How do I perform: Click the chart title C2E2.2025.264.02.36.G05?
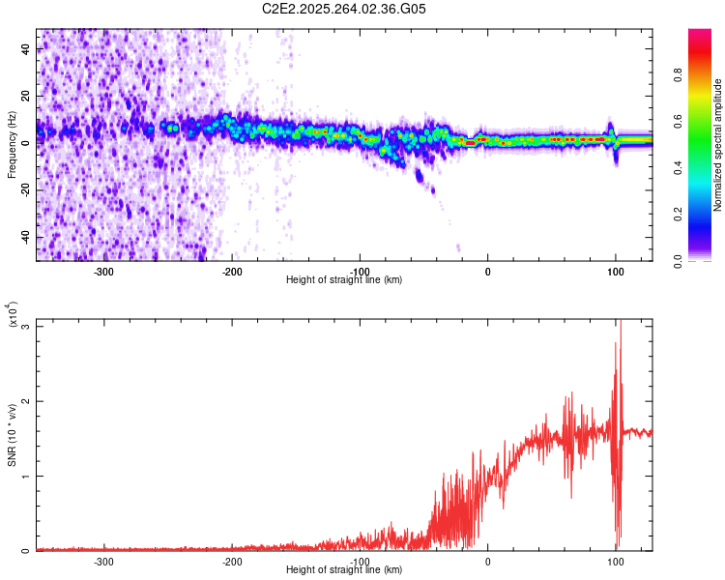pyautogui.click(x=345, y=9)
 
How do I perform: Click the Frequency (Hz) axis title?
pyautogui.click(x=12, y=144)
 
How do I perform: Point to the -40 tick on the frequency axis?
pyautogui.click(x=26, y=237)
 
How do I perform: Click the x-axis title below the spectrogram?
pyautogui.click(x=344, y=280)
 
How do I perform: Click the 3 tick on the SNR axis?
pyautogui.click(x=26, y=326)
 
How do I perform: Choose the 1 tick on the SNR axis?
pyautogui.click(x=26, y=476)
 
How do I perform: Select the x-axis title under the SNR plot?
pyautogui.click(x=344, y=570)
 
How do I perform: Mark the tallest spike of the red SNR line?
pyautogui.click(x=620, y=323)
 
